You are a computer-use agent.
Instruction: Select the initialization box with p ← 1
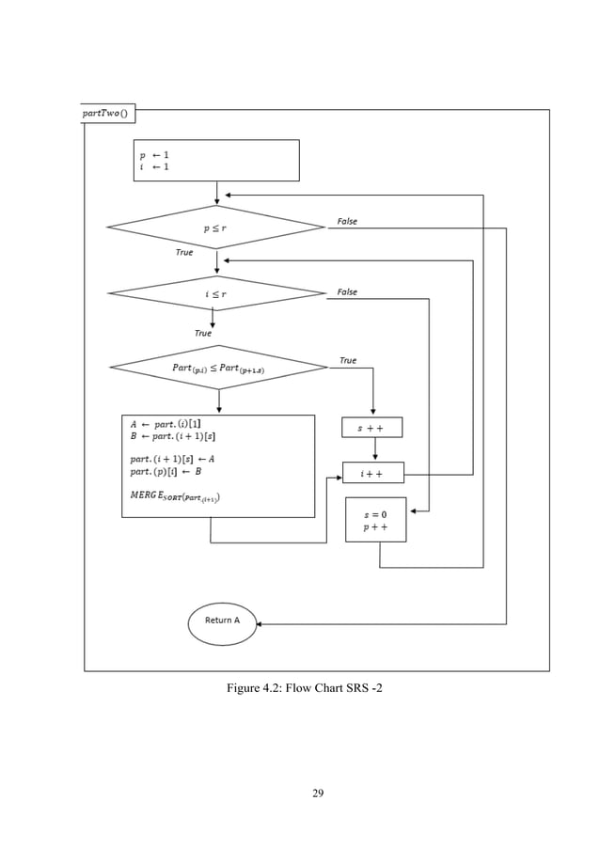point(217,160)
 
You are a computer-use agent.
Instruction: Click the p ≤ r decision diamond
point(216,228)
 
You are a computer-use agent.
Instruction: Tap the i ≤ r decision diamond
point(217,293)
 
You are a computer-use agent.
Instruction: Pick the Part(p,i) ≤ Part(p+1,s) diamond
point(218,368)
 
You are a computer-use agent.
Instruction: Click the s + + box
point(371,428)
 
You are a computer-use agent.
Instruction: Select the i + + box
point(372,473)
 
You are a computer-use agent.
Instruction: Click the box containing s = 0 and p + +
point(375,520)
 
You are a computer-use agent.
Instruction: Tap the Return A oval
point(222,623)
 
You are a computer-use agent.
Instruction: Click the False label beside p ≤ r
point(347,222)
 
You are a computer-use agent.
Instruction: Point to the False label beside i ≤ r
point(347,292)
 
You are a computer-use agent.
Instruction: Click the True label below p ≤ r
point(184,253)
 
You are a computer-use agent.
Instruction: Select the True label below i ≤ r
point(202,334)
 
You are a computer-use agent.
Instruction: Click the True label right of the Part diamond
point(348,360)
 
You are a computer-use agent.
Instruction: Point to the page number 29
point(318,794)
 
